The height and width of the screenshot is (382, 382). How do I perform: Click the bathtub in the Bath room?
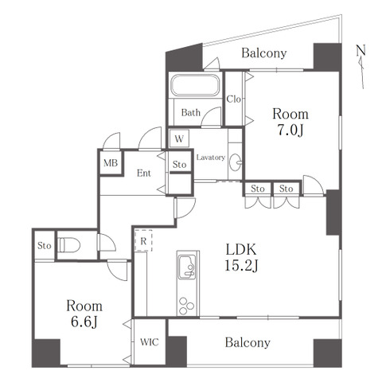196,85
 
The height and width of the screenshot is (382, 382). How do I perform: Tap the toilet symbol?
69,245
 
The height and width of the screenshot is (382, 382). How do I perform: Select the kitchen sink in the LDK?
187,267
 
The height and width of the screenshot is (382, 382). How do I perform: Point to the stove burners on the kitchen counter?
186,306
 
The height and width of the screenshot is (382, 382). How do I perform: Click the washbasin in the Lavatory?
236,162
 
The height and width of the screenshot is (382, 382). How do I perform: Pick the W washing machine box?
179,138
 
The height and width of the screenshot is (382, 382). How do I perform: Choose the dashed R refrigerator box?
143,241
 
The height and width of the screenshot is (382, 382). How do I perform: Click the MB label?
111,162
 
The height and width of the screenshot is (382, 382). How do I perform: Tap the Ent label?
144,173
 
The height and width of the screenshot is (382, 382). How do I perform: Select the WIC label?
150,342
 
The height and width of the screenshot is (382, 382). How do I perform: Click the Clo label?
234,99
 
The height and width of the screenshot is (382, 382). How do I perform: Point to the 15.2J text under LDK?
241,265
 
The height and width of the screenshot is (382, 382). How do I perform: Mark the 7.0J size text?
290,131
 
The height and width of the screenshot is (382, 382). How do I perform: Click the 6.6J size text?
84,322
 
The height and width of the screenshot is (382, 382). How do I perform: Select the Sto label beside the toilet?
44,246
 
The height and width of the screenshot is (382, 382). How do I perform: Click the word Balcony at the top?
264,53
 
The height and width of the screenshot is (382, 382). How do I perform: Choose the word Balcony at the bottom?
248,342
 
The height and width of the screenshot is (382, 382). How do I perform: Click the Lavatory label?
211,158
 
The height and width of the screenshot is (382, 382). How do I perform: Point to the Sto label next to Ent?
179,165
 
